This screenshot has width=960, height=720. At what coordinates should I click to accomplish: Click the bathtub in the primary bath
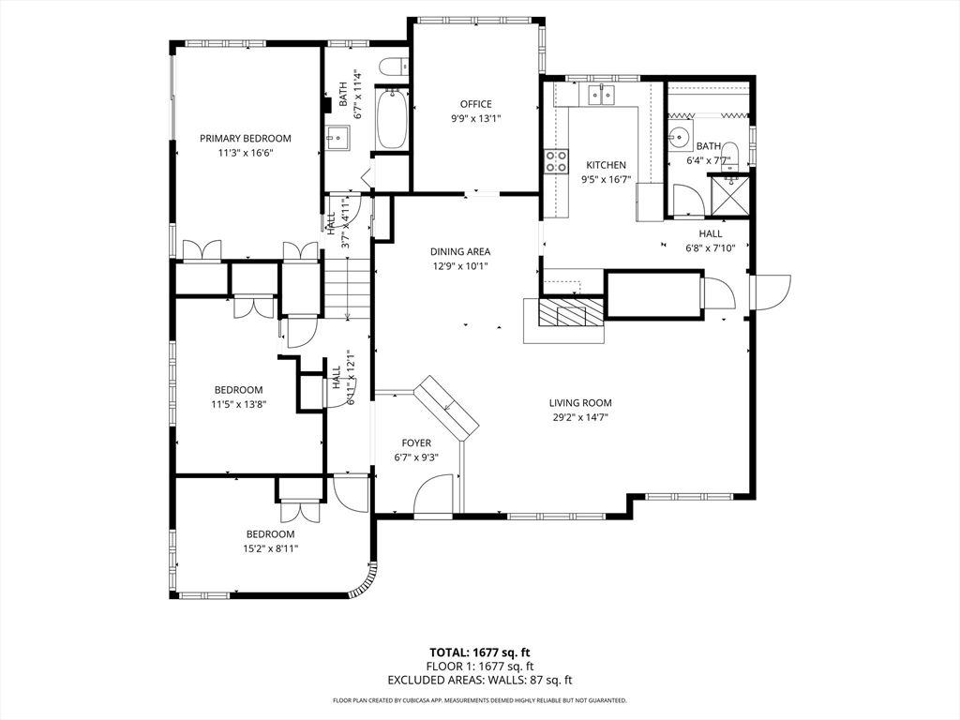392,118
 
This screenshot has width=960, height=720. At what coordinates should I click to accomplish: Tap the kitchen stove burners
557,161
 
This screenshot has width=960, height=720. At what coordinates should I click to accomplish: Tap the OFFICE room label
475,104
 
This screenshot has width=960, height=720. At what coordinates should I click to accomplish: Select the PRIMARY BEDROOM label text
245,138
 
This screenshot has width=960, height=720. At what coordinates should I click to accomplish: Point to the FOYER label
416,442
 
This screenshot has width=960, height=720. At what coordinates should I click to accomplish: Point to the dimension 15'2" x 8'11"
271,549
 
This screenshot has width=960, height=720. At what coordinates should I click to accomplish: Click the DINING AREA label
460,251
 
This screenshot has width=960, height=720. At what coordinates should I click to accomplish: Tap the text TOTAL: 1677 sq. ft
479,652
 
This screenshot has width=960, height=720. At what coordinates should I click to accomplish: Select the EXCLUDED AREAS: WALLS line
479,681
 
